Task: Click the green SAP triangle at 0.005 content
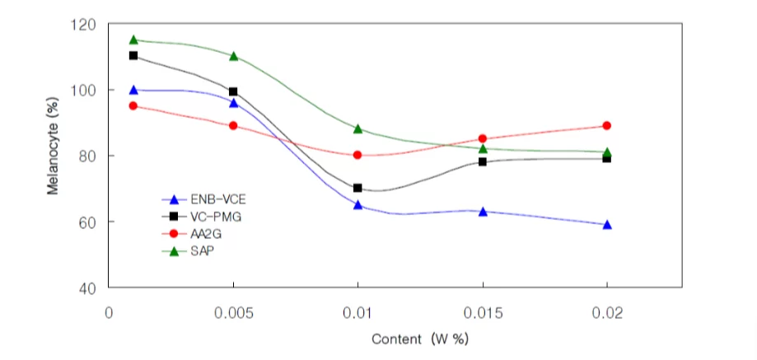point(234,56)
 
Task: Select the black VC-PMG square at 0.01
point(357,188)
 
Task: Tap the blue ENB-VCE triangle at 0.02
point(607,224)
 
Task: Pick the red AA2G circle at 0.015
point(483,138)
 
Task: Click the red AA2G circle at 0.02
point(607,125)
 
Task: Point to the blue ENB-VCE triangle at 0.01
point(357,204)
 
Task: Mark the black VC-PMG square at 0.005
point(233,91)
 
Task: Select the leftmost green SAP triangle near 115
point(133,40)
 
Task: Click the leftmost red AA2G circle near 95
point(133,105)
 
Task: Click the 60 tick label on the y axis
point(86,222)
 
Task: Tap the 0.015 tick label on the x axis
point(483,313)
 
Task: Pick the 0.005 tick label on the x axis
point(233,313)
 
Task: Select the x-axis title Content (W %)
point(420,339)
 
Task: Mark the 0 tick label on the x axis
point(109,313)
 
